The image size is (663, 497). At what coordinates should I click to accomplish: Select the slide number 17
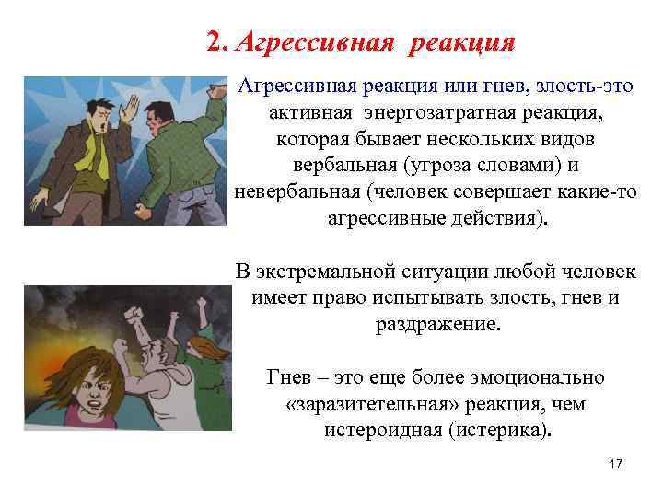(x=616, y=465)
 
